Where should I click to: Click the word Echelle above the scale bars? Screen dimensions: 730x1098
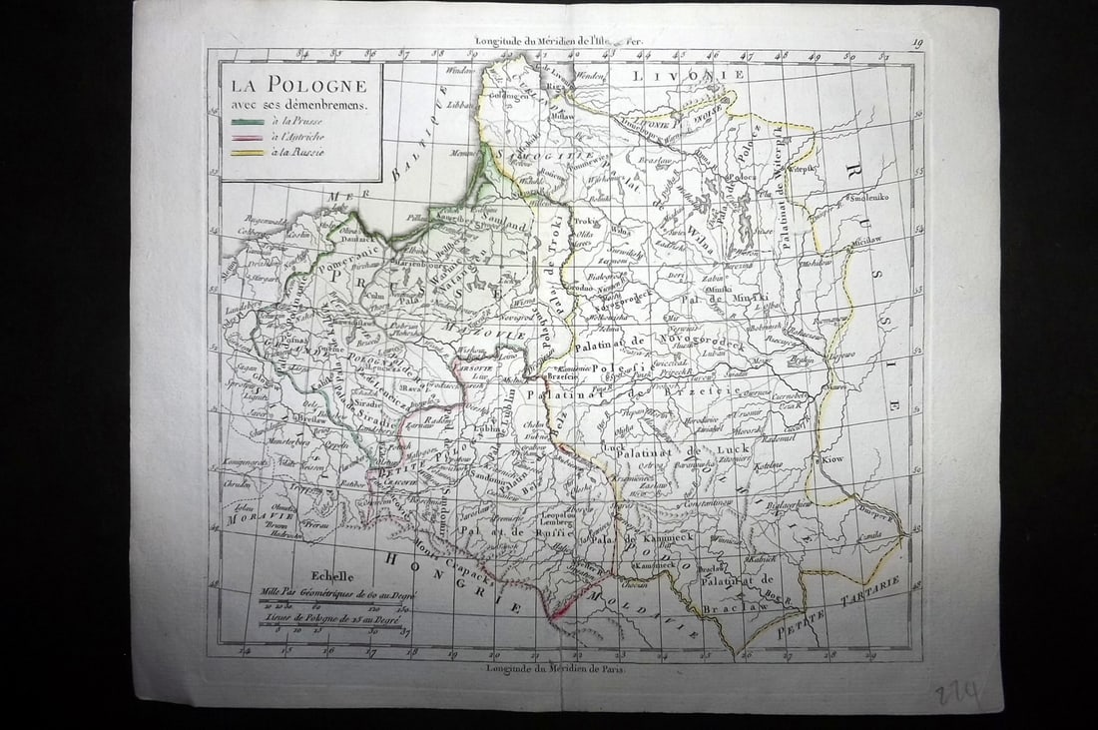click(x=332, y=576)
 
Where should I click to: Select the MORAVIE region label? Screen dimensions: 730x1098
click(x=246, y=517)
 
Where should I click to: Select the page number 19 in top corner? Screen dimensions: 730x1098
click(x=916, y=42)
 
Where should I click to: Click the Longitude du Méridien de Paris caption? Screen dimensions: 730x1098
click(x=555, y=668)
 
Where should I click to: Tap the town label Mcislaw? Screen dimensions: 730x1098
click(x=839, y=241)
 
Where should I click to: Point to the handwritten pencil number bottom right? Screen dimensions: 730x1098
click(x=956, y=691)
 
